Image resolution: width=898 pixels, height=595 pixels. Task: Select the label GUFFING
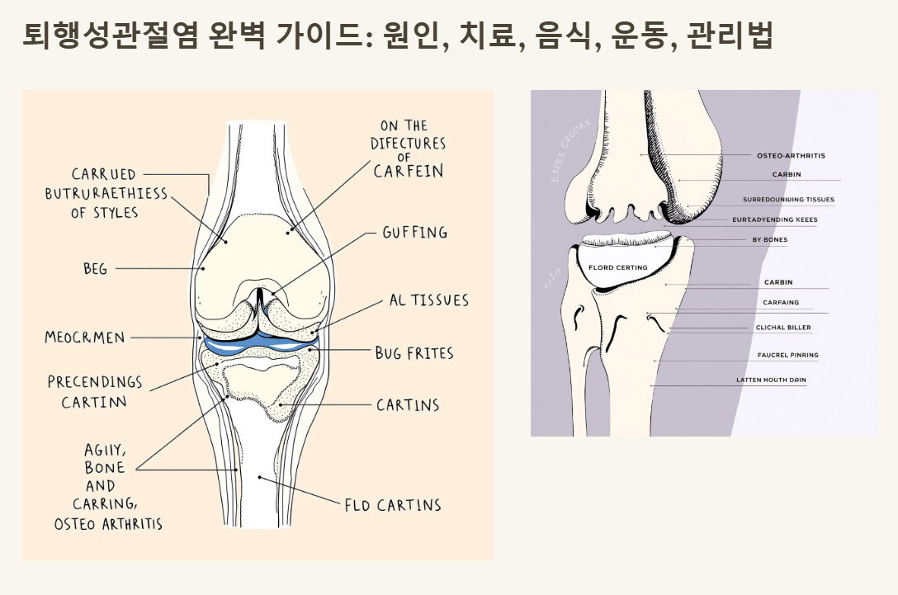(414, 233)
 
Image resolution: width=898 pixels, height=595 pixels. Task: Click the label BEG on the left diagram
(95, 269)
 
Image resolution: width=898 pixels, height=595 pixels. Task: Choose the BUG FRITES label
(414, 353)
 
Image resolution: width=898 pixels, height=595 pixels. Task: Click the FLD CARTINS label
(392, 505)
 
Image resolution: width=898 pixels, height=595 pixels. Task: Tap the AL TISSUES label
(428, 300)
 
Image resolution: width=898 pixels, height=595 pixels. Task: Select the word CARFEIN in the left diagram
(409, 172)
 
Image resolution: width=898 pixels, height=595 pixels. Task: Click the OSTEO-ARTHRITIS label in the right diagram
(791, 155)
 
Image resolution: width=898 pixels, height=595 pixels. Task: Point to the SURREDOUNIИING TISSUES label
(788, 200)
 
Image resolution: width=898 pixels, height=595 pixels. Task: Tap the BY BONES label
(769, 240)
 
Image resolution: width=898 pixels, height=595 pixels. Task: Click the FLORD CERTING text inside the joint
(618, 267)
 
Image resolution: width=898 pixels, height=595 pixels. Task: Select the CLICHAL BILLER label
(783, 328)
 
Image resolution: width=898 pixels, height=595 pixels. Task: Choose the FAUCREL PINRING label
(787, 355)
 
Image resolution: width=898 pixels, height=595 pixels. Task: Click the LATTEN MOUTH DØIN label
(771, 380)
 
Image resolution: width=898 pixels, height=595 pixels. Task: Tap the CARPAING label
(780, 303)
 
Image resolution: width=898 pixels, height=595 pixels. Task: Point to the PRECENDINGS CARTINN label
(94, 392)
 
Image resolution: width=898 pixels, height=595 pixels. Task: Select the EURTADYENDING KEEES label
(774, 220)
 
